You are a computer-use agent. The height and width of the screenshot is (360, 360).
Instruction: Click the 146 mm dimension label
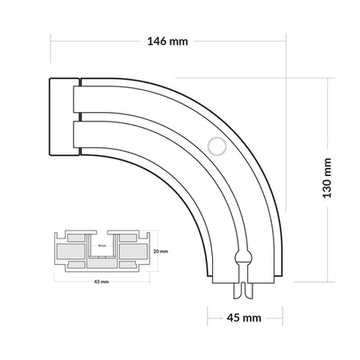click(x=168, y=41)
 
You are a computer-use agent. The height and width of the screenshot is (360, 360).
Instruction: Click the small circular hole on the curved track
click(x=214, y=146)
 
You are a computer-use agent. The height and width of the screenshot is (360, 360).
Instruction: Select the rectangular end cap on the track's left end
click(x=62, y=117)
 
